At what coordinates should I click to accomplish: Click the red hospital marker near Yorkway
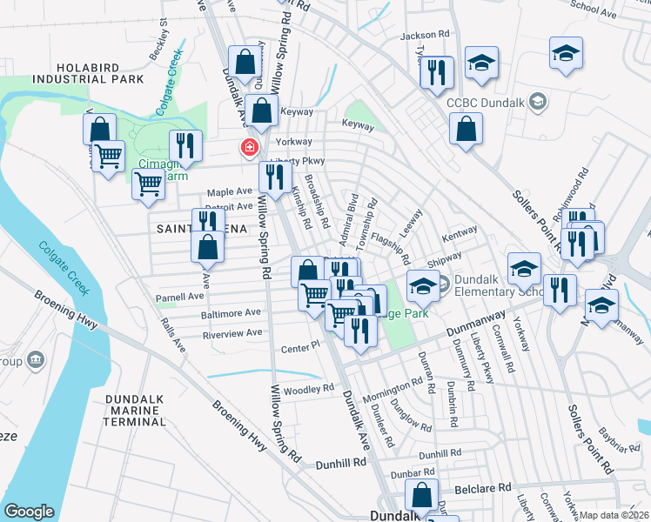tap(250, 148)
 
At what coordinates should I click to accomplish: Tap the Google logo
tap(29, 512)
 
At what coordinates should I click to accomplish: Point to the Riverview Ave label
tap(232, 333)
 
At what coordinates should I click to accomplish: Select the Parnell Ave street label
tap(180, 297)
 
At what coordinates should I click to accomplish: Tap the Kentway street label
tap(460, 233)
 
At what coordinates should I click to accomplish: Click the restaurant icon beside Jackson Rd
tap(437, 72)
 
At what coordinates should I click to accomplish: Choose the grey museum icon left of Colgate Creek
tap(35, 358)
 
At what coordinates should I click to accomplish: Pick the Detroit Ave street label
tap(229, 207)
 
